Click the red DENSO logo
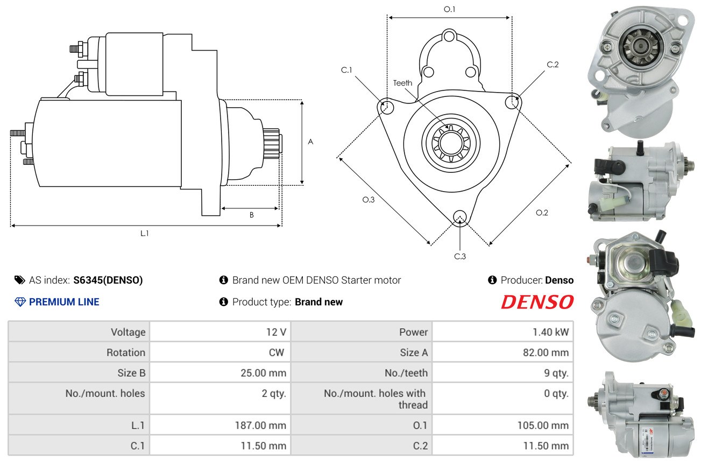[537, 302]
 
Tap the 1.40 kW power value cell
[502, 332]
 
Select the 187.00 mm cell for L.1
[220, 425]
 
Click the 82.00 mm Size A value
[546, 353]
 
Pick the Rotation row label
[126, 353]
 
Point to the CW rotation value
[277, 353]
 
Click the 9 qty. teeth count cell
[502, 373]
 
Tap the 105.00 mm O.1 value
[543, 425]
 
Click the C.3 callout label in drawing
[460, 256]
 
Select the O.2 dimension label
[542, 213]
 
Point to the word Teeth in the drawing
[402, 83]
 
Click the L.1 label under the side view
[144, 233]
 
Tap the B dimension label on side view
[251, 215]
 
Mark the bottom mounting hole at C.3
[460, 217]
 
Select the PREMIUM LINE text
[64, 302]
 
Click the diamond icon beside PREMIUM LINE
[20, 302]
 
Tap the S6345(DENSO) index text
[108, 280]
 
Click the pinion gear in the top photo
[641, 47]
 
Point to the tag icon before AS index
[20, 280]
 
